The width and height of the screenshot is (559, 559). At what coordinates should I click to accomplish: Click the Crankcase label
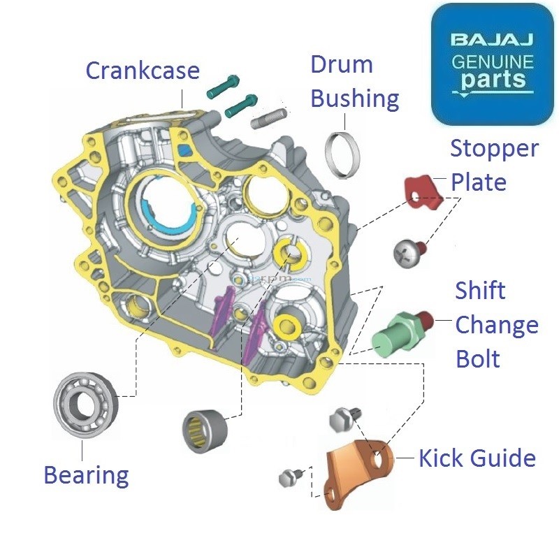(143, 71)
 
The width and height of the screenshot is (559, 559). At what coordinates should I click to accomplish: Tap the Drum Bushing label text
(354, 82)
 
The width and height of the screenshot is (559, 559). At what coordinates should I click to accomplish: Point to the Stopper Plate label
(494, 165)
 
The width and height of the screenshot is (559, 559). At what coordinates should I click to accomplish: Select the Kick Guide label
(477, 458)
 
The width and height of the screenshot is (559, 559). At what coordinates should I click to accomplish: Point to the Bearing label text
(86, 475)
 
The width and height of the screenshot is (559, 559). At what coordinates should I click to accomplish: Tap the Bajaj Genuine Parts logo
(492, 64)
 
